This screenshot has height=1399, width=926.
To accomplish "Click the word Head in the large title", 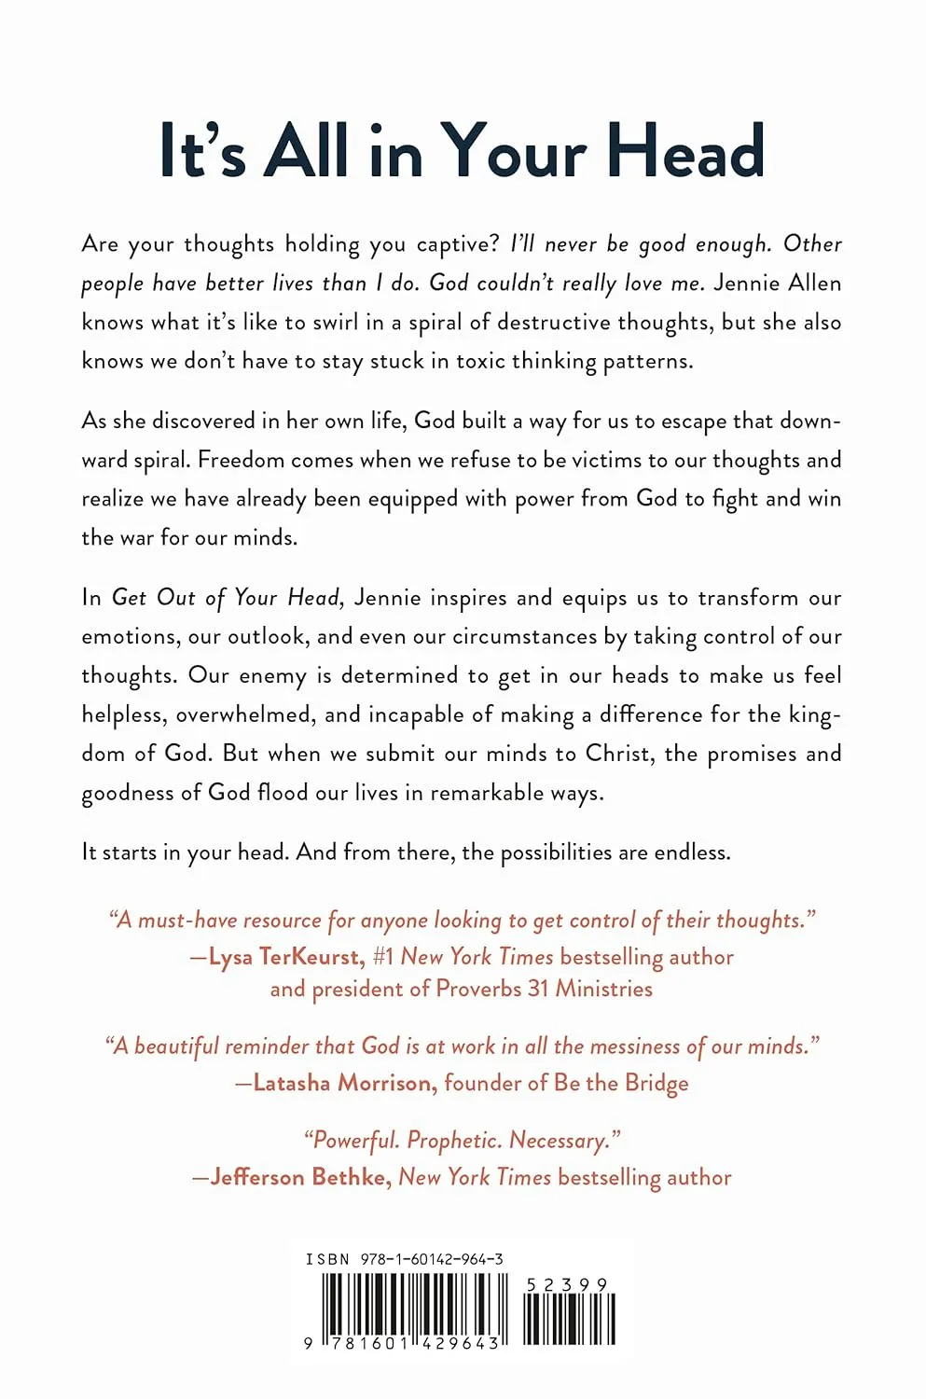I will point(685,151).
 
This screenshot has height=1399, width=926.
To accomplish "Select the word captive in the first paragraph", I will point(458,244).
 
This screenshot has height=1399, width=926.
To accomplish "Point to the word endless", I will point(691,852).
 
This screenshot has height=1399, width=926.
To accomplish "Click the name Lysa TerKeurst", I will point(286,957).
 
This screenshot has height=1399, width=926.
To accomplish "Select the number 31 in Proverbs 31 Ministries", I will point(538,989).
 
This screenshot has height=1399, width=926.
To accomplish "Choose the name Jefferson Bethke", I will point(299,1177).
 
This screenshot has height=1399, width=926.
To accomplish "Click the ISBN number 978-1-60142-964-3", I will point(432,1259).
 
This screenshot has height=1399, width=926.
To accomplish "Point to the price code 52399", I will point(567,1285).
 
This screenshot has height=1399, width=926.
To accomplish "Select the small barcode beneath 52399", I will point(569,1319).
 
